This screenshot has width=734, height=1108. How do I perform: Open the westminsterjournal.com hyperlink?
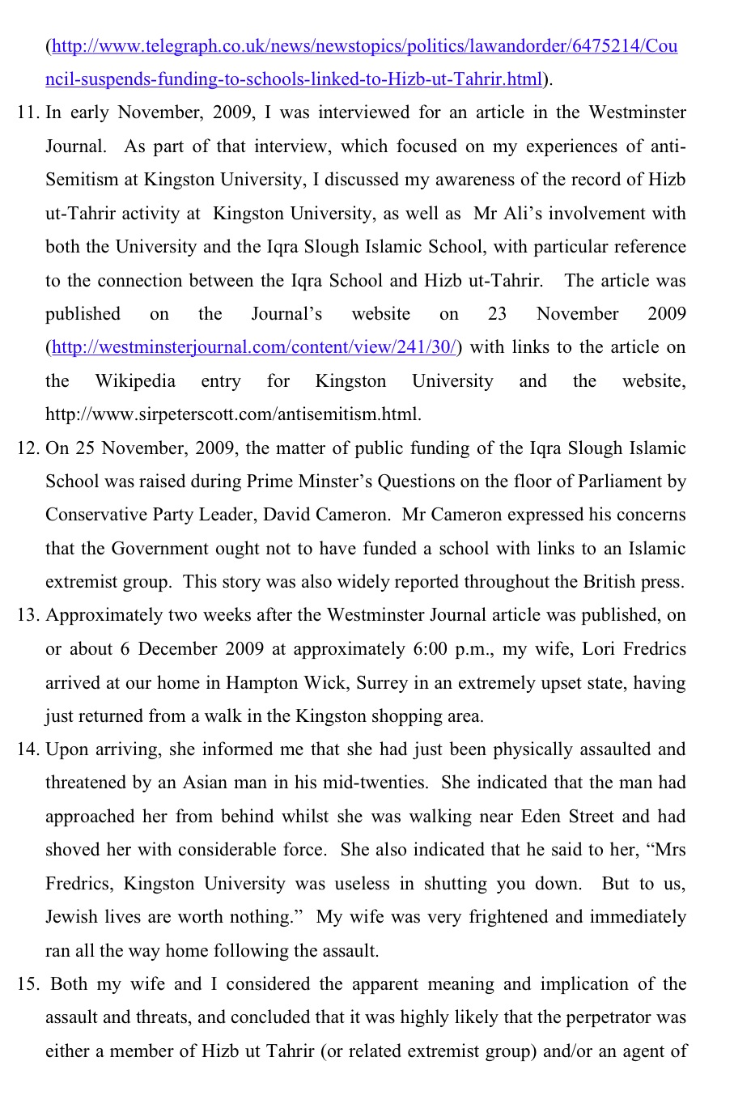coord(254,348)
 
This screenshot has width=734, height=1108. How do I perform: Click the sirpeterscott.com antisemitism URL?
coord(233,415)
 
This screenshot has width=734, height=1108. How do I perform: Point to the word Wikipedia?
coord(135,381)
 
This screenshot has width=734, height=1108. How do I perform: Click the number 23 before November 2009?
coord(497,315)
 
